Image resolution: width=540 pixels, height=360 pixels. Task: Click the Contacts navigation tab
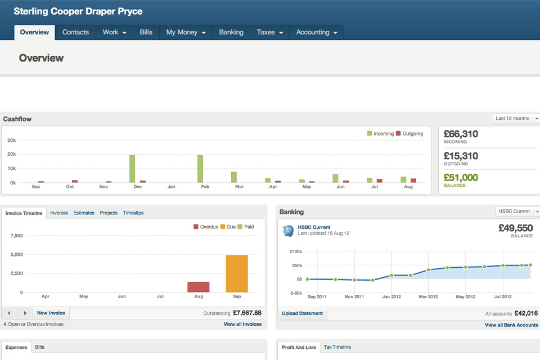[x=75, y=33]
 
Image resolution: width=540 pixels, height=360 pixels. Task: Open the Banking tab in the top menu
[x=231, y=33]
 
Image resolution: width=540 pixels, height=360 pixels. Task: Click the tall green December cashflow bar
[x=132, y=168]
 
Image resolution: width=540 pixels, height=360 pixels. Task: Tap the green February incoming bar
[x=200, y=168]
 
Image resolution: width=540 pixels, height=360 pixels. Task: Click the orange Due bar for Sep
[x=237, y=273]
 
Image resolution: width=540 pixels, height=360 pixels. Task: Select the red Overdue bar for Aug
[x=198, y=287]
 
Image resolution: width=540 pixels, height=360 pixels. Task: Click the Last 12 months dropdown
[x=516, y=119]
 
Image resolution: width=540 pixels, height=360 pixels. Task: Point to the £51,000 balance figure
[x=461, y=178]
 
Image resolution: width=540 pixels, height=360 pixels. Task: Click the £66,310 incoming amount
[x=461, y=134]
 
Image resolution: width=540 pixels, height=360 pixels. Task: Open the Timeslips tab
[x=133, y=213]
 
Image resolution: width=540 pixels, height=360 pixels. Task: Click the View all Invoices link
[x=242, y=325]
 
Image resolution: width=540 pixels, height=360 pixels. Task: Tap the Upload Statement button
[x=303, y=313]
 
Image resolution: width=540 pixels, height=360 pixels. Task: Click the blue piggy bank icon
[x=289, y=231]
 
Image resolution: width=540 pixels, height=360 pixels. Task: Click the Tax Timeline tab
[x=337, y=348]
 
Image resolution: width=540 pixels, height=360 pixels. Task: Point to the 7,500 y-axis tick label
[x=17, y=236]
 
